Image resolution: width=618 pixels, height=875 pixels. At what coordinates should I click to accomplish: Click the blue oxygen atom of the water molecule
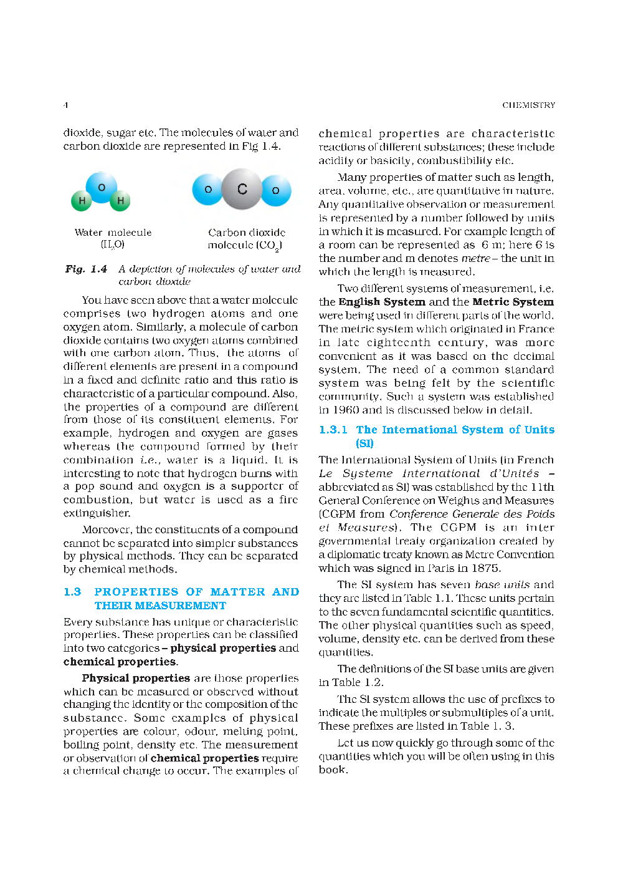coord(102,187)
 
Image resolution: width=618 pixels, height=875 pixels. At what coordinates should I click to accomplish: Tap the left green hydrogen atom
coord(82,200)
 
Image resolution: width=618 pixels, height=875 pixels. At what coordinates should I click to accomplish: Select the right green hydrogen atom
coord(120,200)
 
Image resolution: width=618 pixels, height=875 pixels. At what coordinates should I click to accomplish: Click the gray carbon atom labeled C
coord(242,189)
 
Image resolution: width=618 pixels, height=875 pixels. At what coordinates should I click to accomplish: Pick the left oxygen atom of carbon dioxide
coord(208,190)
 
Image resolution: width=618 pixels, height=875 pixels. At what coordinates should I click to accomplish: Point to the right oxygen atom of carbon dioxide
coord(276,190)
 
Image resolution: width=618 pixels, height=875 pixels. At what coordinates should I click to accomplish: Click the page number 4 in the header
coord(65,105)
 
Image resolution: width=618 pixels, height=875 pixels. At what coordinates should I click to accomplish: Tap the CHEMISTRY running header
coord(528,105)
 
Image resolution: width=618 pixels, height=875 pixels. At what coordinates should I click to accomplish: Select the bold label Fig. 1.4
coord(86,269)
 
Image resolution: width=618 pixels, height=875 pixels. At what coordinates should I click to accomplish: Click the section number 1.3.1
coord(333,430)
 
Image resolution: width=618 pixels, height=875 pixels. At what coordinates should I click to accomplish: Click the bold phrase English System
coord(382,302)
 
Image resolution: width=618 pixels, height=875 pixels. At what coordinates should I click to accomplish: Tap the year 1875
coord(485,568)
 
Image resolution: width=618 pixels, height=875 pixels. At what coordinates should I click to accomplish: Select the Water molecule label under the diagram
coord(113,233)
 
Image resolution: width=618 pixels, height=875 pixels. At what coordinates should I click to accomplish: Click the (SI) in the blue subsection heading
coord(364,443)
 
